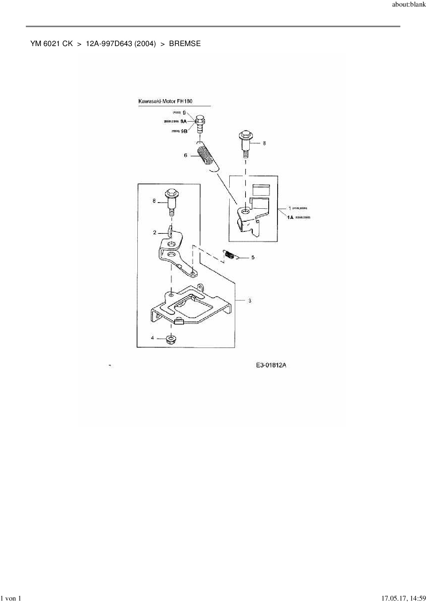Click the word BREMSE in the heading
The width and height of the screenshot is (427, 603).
(x=185, y=44)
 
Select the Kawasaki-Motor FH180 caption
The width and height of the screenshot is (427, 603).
(x=165, y=101)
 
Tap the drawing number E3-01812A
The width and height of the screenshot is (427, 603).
(x=271, y=365)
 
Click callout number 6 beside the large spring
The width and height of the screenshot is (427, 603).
(x=186, y=155)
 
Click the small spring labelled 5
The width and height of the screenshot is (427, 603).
(x=230, y=255)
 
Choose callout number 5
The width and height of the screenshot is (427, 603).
(x=253, y=257)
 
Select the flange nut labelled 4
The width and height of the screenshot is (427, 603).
(x=170, y=339)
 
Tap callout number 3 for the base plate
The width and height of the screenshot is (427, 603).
(x=250, y=300)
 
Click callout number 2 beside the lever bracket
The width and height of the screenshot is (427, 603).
(x=155, y=233)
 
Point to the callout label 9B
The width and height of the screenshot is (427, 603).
(x=184, y=131)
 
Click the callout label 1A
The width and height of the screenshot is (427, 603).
(x=290, y=217)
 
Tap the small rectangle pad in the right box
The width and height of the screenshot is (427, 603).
(x=260, y=190)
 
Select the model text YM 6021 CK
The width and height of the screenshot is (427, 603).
(x=51, y=44)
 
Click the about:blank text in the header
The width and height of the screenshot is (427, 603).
(x=409, y=5)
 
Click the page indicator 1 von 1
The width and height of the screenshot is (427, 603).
(x=11, y=598)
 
